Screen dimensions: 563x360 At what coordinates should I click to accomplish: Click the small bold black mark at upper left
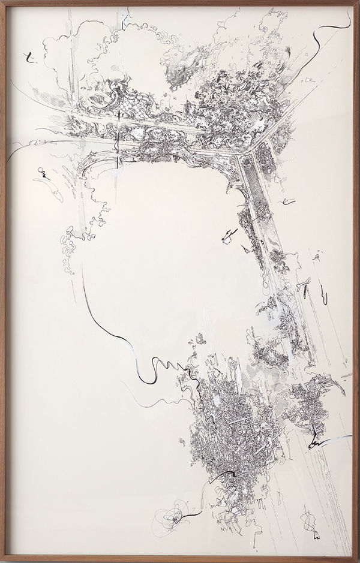coord(28,58)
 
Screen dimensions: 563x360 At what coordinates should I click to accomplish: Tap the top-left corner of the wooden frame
coord(2,2)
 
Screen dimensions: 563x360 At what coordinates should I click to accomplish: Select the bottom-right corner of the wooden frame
coord(358,561)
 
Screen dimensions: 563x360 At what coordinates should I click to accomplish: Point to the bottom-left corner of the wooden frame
coord(2,561)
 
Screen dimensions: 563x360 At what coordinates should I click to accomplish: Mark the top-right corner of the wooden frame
coord(358,2)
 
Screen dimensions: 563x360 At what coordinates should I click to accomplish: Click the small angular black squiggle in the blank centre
coord(227,236)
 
